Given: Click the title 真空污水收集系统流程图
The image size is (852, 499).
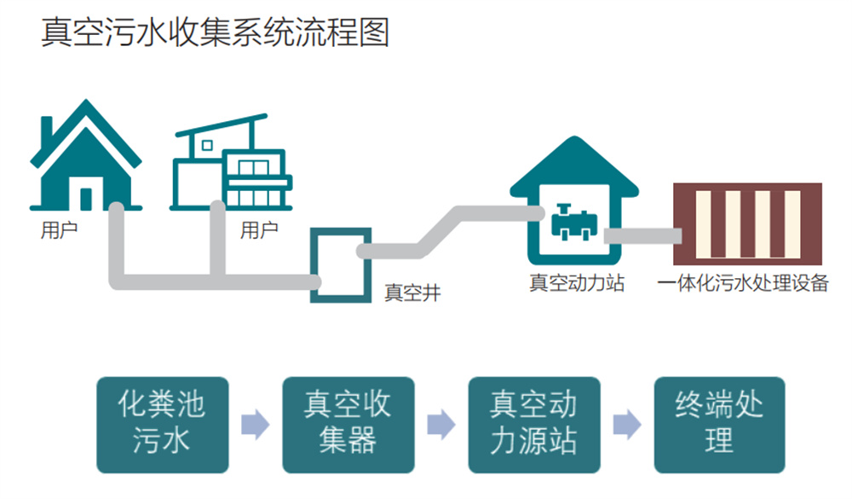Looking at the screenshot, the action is click(x=216, y=32).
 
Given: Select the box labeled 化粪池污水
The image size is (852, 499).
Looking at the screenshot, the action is click(x=163, y=425).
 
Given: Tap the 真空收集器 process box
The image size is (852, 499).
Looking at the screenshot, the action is click(x=348, y=425).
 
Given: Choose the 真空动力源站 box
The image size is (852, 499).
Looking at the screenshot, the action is click(x=534, y=425).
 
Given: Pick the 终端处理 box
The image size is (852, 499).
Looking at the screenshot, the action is click(x=719, y=425).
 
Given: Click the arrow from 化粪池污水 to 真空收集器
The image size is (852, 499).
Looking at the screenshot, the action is click(x=256, y=425).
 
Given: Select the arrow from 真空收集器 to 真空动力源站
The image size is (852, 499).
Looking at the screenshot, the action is click(x=441, y=425).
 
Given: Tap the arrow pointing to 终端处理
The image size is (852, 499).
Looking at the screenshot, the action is click(x=627, y=425).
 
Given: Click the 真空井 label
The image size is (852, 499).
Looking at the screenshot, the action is click(x=412, y=293).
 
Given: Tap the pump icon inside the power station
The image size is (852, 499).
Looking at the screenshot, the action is click(x=573, y=222).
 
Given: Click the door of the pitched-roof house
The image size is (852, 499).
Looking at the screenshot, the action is click(x=86, y=199).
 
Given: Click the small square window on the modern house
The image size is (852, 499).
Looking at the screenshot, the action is click(x=207, y=145).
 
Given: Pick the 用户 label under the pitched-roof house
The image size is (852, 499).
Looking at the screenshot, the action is click(x=59, y=230).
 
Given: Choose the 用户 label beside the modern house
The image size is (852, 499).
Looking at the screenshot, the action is click(x=259, y=230).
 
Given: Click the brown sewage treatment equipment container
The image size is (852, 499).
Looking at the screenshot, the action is click(x=748, y=223).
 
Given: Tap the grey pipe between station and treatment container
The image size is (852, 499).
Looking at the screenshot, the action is click(x=642, y=235).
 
